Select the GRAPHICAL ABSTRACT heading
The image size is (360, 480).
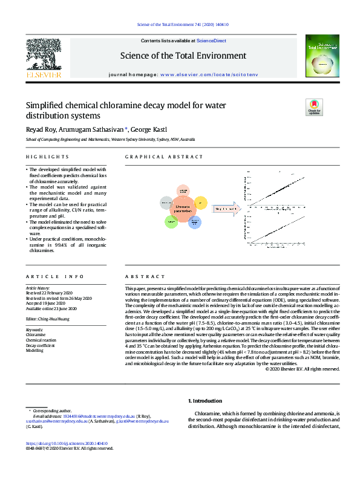156,157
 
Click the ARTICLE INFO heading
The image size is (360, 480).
46,276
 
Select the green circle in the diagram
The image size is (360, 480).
170,222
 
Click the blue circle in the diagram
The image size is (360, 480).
194,223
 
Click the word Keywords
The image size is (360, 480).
34,329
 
